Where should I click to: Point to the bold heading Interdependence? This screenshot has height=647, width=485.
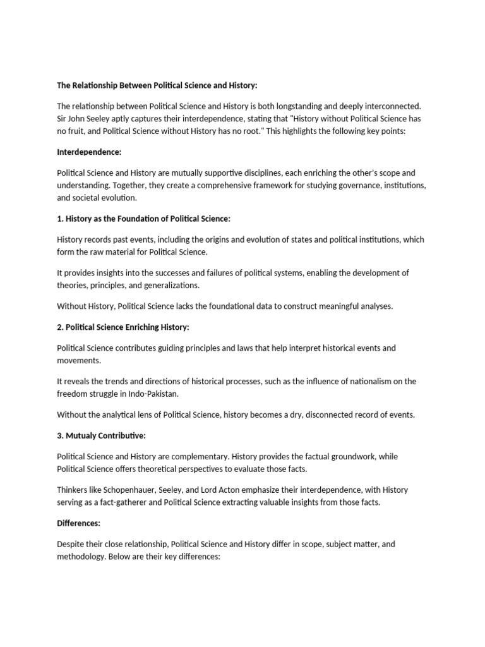tap(86, 152)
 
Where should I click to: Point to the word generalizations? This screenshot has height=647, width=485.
tap(167, 286)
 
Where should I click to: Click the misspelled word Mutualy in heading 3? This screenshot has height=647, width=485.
tap(81, 436)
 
